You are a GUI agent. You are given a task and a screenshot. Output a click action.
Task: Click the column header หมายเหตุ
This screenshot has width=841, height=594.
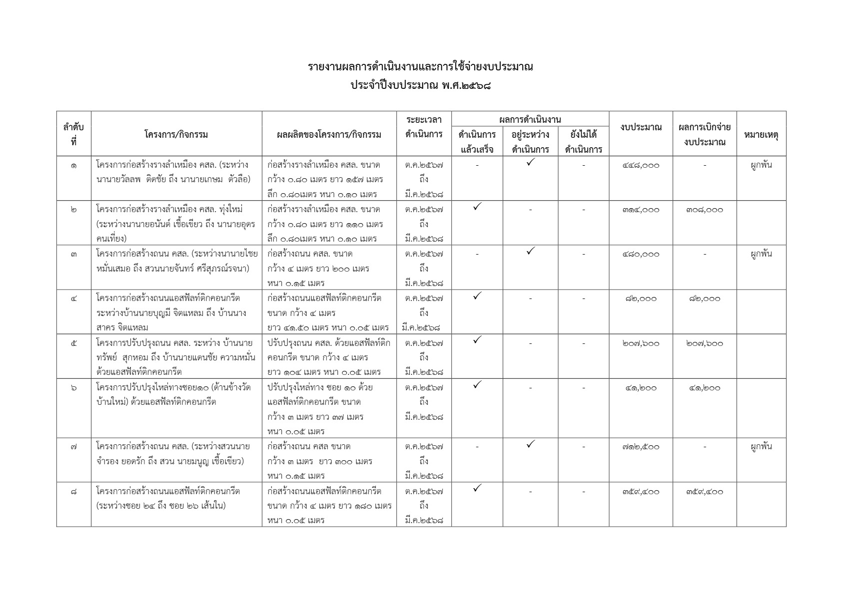click(x=761, y=134)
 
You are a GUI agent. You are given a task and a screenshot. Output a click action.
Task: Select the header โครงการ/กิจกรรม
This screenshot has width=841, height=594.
click(x=176, y=134)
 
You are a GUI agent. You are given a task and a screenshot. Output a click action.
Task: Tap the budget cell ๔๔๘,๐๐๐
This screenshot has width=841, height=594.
click(x=641, y=165)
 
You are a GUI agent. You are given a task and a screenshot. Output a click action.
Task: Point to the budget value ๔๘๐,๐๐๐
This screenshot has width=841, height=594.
click(x=641, y=254)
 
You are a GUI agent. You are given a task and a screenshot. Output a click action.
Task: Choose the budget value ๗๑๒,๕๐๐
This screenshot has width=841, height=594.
click(x=641, y=447)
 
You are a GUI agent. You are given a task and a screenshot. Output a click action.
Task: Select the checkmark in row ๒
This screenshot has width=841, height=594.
click(x=477, y=206)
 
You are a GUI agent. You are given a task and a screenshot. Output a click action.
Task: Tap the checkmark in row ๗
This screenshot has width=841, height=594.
click(x=530, y=443)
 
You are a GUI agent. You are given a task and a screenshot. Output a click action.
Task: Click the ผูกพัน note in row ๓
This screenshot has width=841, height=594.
click(x=761, y=254)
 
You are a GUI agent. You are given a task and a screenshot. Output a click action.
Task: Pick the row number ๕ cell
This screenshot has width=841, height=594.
click(x=73, y=343)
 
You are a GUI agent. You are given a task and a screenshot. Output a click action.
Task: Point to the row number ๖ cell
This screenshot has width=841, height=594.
click(x=73, y=388)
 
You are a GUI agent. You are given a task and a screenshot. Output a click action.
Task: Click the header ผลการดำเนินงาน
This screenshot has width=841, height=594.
click(x=530, y=119)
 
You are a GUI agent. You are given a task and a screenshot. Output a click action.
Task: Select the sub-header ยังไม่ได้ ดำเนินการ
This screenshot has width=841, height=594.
click(x=583, y=142)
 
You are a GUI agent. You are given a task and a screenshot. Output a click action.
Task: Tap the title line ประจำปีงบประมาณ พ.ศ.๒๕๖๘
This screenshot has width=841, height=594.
click(x=420, y=85)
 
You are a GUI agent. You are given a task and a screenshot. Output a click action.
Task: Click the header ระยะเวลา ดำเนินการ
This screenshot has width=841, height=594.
click(x=424, y=127)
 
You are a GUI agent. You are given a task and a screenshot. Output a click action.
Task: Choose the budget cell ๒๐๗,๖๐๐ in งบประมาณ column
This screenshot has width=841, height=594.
click(x=641, y=343)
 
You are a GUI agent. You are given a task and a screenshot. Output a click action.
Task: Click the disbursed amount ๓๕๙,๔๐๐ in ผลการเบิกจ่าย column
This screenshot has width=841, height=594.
click(x=704, y=492)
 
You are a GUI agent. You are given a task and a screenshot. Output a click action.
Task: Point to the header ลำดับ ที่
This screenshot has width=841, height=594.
click(x=73, y=134)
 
